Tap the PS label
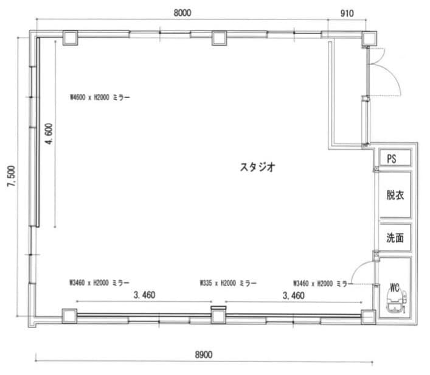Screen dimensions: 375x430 click(392, 158)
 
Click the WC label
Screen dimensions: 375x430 click(395, 286)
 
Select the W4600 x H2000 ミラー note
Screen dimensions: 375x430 click(100, 97)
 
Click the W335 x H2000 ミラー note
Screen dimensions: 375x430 click(228, 283)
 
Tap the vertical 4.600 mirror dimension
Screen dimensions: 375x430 click(48, 137)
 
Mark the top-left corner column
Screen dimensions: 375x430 click(69, 38)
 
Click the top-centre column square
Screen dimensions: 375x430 click(218, 38)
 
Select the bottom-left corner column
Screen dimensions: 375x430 click(69, 317)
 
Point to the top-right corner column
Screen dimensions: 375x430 click(369, 38)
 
